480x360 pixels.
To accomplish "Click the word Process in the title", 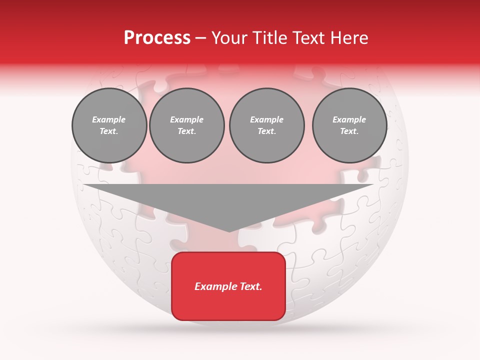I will (157, 38).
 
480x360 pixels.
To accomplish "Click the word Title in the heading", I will (269, 38).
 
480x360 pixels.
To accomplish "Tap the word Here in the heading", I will (348, 38).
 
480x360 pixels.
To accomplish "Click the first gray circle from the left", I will (109, 125).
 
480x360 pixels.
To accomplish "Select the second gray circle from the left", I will (187, 125).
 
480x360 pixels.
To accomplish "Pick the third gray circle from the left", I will (266, 125).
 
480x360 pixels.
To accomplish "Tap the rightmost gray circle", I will (349, 125).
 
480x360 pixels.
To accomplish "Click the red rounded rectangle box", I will (228, 286).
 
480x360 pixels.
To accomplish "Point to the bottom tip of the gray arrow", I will (229, 231).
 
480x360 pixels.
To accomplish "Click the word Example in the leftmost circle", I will (109, 120).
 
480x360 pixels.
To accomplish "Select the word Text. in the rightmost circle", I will (349, 131).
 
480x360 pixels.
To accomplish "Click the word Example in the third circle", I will (266, 120).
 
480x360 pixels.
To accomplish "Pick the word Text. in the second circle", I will (187, 131).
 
